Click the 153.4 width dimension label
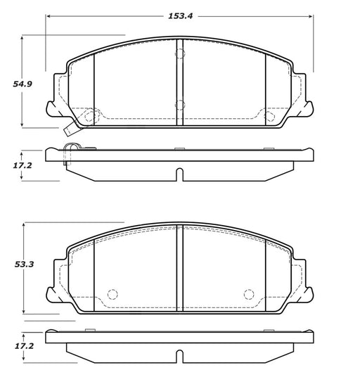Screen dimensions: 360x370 181,16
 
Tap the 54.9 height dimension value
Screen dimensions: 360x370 22,84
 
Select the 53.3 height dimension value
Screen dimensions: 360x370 25,264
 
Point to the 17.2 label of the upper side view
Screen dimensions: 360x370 22,165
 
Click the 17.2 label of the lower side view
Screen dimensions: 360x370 25,346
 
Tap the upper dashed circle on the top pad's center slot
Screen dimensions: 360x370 180,53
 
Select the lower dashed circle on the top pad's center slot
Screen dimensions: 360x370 180,105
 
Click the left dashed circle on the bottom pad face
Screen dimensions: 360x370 112,294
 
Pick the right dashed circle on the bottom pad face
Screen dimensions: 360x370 249,294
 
